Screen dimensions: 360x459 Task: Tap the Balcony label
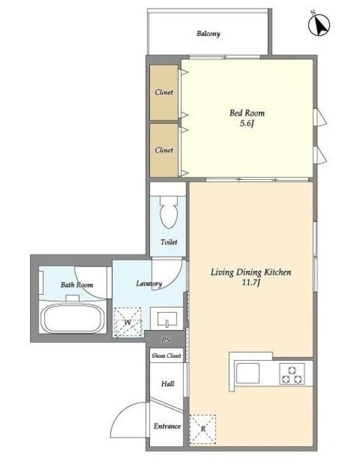click(209, 34)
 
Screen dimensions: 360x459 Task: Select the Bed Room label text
click(247, 113)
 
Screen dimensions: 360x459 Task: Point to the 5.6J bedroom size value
click(247, 123)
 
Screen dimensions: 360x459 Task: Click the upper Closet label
click(164, 93)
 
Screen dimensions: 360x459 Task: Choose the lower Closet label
click(164, 150)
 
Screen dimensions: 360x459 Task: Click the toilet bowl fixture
click(169, 212)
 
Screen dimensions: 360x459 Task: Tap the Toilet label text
click(169, 242)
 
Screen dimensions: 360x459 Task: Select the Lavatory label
click(149, 283)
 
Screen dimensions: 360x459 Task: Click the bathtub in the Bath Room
click(73, 318)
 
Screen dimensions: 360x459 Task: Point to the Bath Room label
click(77, 285)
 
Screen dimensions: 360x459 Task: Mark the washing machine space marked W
click(128, 322)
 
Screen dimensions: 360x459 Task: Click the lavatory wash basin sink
click(167, 318)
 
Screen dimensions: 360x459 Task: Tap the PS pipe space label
click(166, 340)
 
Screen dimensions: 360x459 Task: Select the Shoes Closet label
click(166, 356)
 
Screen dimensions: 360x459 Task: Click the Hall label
click(168, 384)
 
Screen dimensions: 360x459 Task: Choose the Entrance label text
click(167, 426)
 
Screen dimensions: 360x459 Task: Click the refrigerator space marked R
click(202, 429)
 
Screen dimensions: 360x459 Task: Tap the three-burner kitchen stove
click(292, 374)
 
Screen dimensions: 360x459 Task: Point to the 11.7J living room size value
click(251, 283)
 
